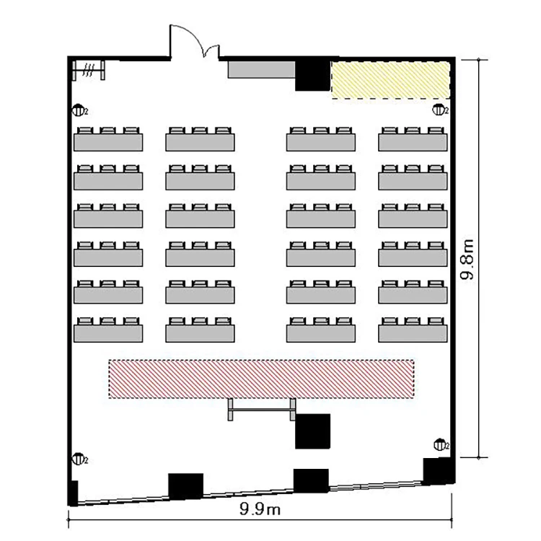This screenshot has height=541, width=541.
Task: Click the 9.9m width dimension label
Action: click(x=260, y=509)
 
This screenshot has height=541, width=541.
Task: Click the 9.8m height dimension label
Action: click(x=468, y=259)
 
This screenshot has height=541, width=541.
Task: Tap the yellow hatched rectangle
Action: click(x=390, y=80)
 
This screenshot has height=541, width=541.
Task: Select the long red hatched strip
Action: click(x=261, y=379)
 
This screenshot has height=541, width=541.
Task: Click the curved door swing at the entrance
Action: click(x=193, y=36)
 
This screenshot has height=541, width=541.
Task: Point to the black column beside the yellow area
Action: click(x=312, y=76)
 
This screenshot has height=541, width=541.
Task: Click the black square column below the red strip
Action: click(x=312, y=431)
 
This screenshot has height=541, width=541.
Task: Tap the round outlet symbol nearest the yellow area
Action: click(x=439, y=110)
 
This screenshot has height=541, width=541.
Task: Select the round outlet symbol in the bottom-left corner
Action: click(x=79, y=459)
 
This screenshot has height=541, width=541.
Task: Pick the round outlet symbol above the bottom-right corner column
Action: click(x=440, y=445)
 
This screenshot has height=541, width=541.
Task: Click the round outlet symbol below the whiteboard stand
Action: click(x=79, y=111)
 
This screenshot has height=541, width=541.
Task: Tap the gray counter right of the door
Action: click(x=262, y=70)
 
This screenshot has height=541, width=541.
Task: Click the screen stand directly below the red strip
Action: click(x=262, y=410)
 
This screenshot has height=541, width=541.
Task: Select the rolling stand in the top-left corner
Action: click(x=89, y=70)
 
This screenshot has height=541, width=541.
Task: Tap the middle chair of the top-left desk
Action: click(x=108, y=131)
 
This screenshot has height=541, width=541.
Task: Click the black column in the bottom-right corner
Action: click(x=437, y=471)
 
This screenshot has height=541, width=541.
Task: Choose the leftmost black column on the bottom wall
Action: click(x=185, y=486)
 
